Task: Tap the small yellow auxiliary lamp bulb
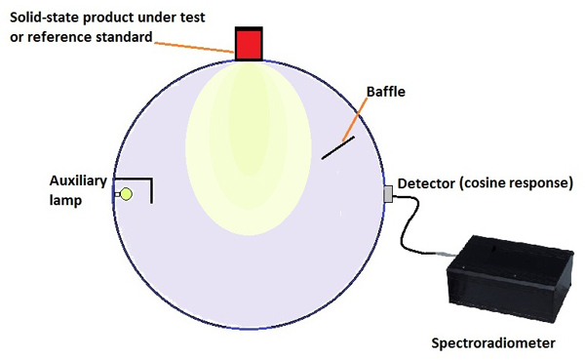[126, 194]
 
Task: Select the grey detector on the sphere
[387, 194]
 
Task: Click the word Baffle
[385, 93]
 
